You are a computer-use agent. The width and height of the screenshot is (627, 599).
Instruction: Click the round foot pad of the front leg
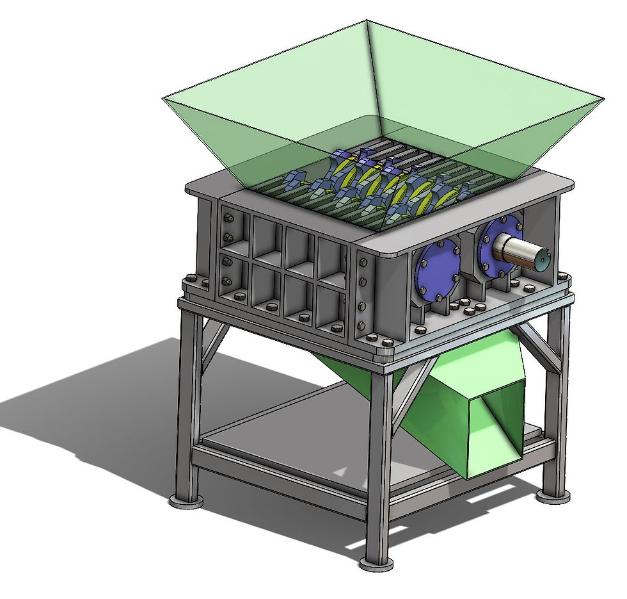point(376,564)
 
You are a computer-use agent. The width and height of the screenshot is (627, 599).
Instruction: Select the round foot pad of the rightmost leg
point(553,495)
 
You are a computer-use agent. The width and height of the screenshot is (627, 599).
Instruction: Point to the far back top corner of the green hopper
point(367,21)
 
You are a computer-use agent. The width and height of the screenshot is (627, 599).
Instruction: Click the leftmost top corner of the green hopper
point(164,97)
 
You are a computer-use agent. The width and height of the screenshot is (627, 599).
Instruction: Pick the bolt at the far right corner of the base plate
point(563,277)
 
